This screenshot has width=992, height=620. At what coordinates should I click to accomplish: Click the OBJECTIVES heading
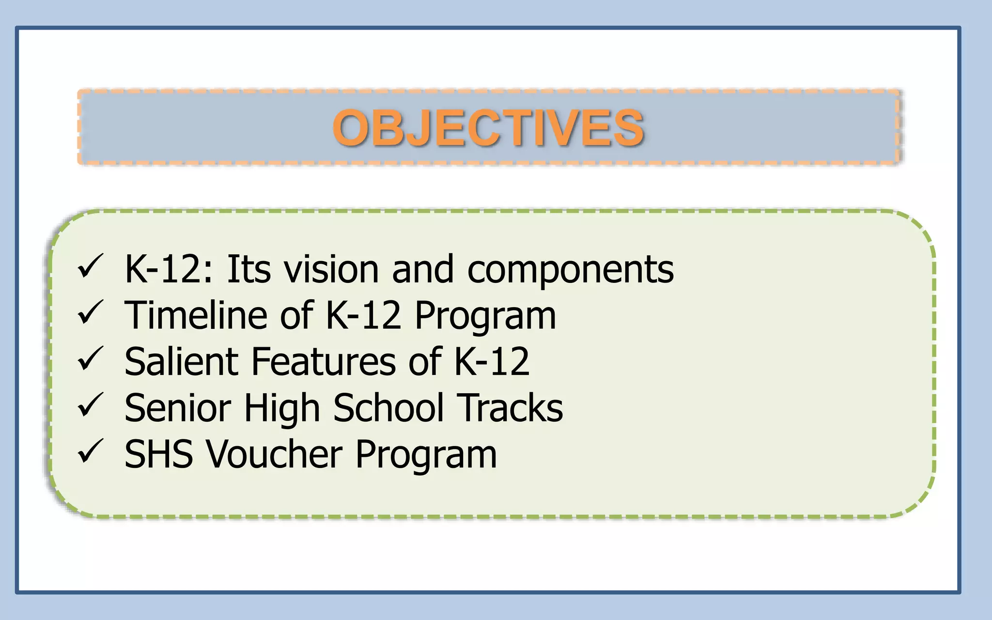[x=488, y=127]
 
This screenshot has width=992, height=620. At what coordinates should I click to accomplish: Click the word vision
[x=331, y=269]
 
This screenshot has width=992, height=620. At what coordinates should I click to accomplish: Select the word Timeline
[x=195, y=315]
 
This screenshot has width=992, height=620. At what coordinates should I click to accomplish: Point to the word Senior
[x=178, y=408]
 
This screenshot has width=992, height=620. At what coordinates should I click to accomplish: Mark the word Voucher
[x=275, y=454]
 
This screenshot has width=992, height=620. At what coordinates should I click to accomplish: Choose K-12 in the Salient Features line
[x=492, y=361]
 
